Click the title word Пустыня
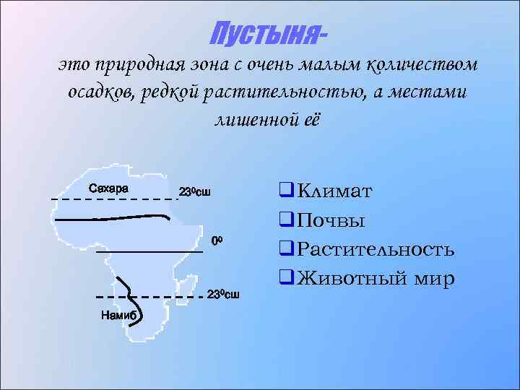point(264,32)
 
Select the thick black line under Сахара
point(108,217)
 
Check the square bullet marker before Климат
point(284,191)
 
